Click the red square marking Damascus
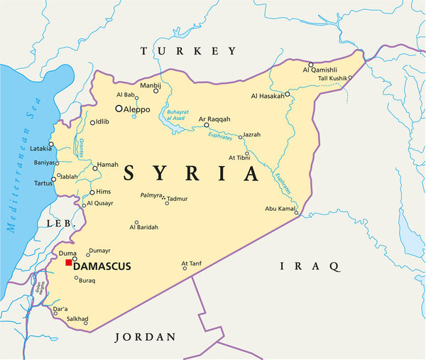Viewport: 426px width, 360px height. point(69,263)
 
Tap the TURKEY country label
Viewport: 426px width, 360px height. point(188,51)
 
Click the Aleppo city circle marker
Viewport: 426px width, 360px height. point(119,109)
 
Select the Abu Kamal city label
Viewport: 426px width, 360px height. point(279,208)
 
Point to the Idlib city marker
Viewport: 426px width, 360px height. point(92,123)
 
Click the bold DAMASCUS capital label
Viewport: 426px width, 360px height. point(103,266)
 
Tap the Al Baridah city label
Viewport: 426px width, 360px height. point(144,227)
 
